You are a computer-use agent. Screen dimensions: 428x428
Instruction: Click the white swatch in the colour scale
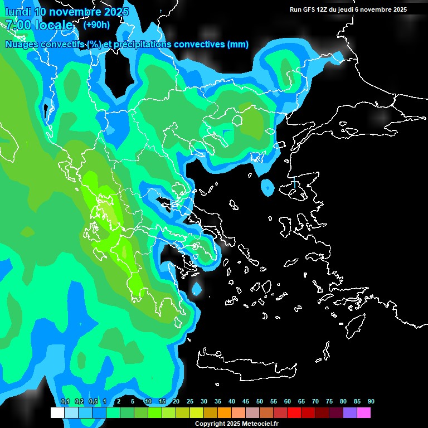tap(57, 413)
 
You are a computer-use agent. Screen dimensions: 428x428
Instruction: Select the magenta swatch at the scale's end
tap(363, 413)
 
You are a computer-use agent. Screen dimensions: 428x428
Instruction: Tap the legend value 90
tap(371, 402)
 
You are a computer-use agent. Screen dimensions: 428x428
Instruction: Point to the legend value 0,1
tap(65, 402)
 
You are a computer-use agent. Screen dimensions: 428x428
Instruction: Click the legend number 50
tap(260, 402)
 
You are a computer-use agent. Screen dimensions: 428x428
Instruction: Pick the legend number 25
tap(190, 402)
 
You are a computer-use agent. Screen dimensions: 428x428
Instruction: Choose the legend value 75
tap(329, 402)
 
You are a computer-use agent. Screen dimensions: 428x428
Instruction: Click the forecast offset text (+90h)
tap(96, 25)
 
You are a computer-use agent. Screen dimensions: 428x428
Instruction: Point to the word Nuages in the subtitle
tap(23, 45)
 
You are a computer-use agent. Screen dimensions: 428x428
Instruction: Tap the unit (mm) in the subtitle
tap(238, 45)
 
